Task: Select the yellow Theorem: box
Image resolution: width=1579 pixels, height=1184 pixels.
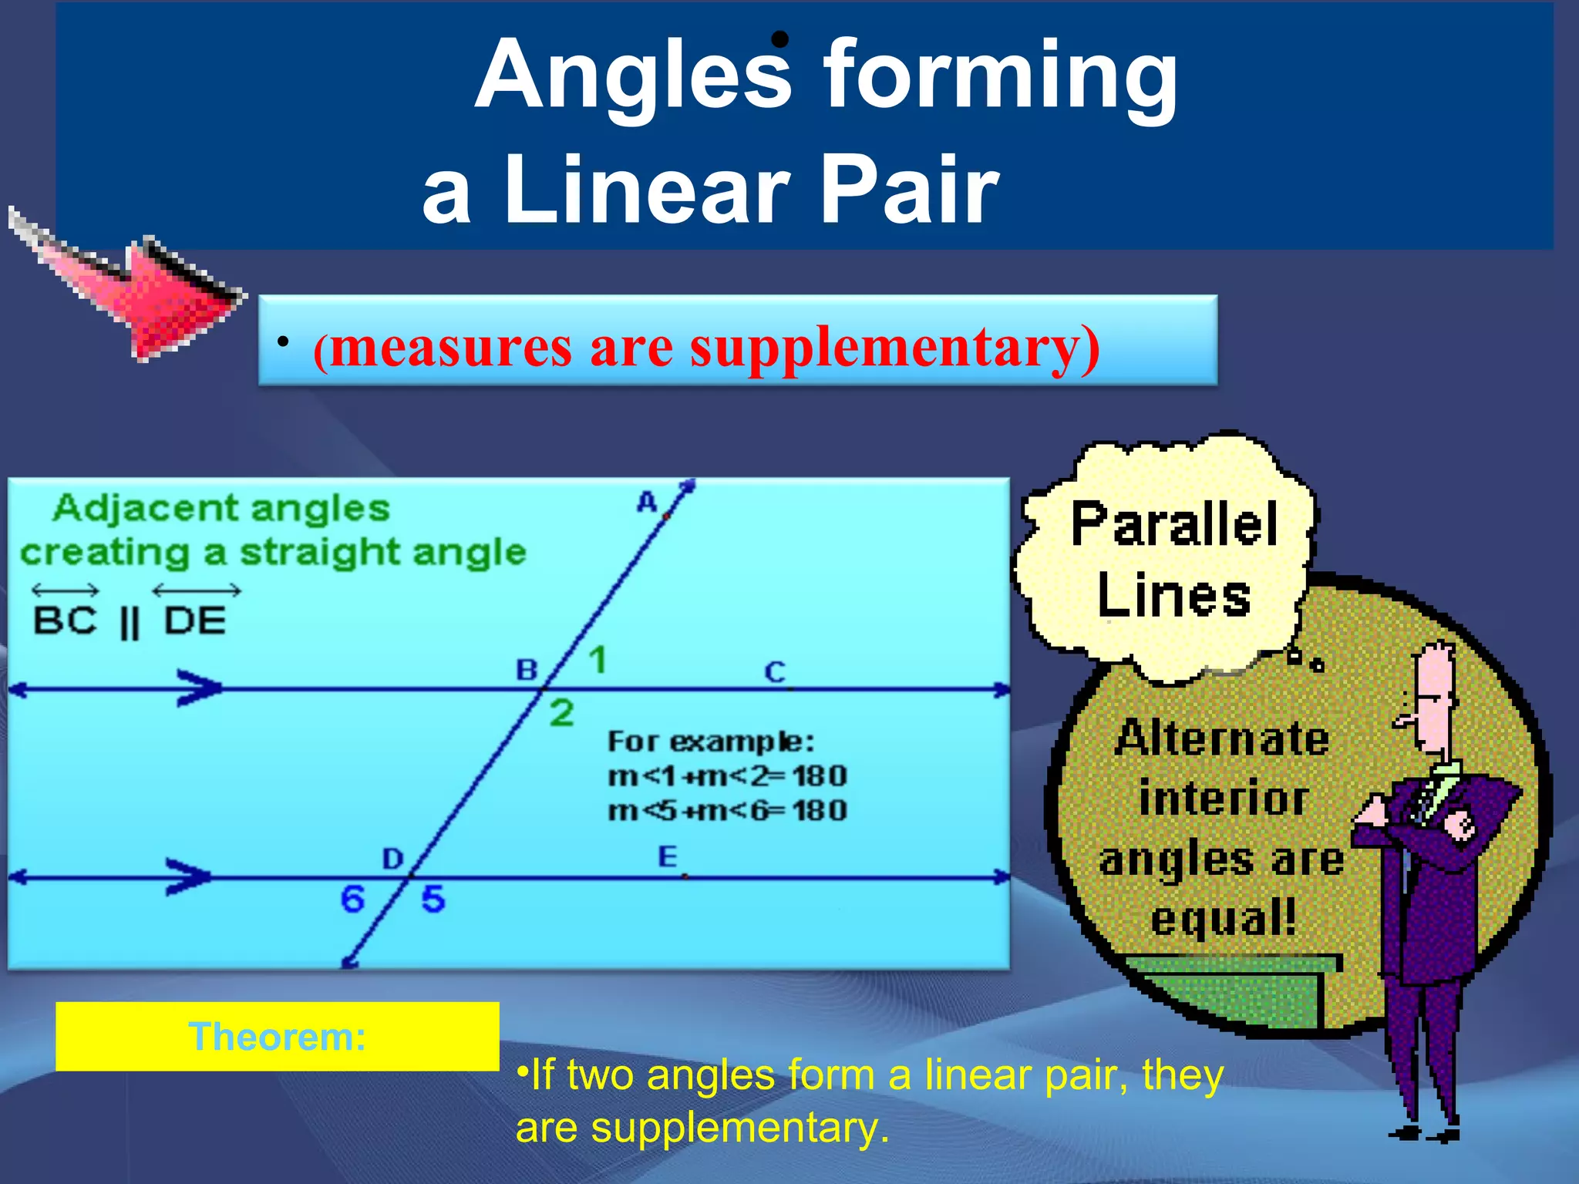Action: point(278,1036)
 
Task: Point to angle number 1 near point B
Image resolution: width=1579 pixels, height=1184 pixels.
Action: point(598,661)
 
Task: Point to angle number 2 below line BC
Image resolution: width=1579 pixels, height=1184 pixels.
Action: point(561,713)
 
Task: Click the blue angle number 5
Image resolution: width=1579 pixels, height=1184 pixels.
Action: point(433,899)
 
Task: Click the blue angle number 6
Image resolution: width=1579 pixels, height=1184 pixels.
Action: point(352,899)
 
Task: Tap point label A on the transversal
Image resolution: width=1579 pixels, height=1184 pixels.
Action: point(646,503)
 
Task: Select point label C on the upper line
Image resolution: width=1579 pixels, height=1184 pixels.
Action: point(774,672)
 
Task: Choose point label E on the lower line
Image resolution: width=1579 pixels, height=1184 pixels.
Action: point(667,856)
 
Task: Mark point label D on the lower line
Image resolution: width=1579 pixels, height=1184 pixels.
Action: point(392,858)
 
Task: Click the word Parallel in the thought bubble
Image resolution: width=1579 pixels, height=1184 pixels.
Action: point(1174,524)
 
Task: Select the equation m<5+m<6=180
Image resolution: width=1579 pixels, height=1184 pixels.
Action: point(727,811)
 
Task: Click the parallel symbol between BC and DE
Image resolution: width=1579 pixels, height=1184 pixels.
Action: point(130,623)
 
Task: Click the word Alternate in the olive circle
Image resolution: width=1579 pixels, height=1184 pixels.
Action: point(1222,738)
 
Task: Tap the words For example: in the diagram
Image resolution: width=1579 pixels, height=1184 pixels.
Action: point(710,742)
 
